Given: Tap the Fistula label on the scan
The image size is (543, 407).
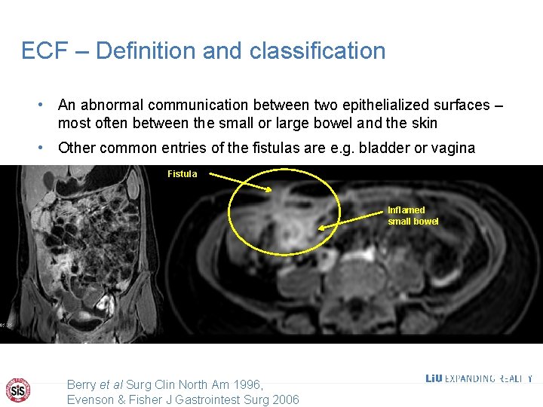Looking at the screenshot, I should coord(182,174).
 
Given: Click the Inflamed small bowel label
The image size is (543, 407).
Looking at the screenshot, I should coord(413,216).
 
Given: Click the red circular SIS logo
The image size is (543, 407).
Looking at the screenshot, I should coord(19,389).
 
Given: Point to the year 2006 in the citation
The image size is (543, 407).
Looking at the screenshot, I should coord(284,399).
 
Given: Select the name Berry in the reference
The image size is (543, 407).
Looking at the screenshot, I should coord(82,384).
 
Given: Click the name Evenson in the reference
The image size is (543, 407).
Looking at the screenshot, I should coord(91,399).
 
